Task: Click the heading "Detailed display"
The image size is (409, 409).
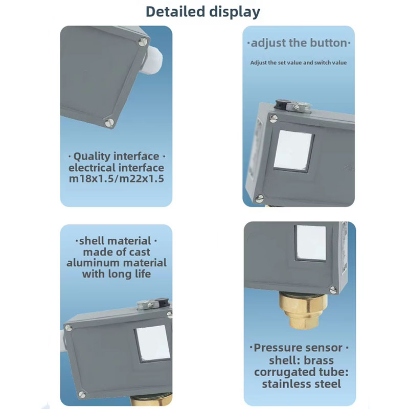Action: pos(202,12)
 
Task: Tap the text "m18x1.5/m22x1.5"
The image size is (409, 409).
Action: pos(117,178)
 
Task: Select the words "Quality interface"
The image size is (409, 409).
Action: pos(117,156)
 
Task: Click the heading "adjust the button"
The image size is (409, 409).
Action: pos(299,43)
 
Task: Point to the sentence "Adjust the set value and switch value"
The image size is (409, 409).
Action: pos(299,62)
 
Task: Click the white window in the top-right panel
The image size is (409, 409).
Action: pos(293,151)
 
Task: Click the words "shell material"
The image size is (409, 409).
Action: pos(115,241)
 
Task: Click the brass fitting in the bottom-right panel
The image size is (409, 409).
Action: pos(303,310)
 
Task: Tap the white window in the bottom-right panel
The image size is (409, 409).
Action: pos(311,242)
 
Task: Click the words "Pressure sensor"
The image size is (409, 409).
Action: pos(298,348)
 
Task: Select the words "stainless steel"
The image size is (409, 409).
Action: pos(301,384)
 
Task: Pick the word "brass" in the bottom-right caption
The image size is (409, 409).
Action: pos(319,360)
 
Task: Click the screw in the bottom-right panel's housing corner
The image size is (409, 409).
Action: pos(333,289)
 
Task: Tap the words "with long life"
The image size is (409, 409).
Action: pos(117,274)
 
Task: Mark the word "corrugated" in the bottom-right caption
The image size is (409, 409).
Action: pos(285,372)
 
